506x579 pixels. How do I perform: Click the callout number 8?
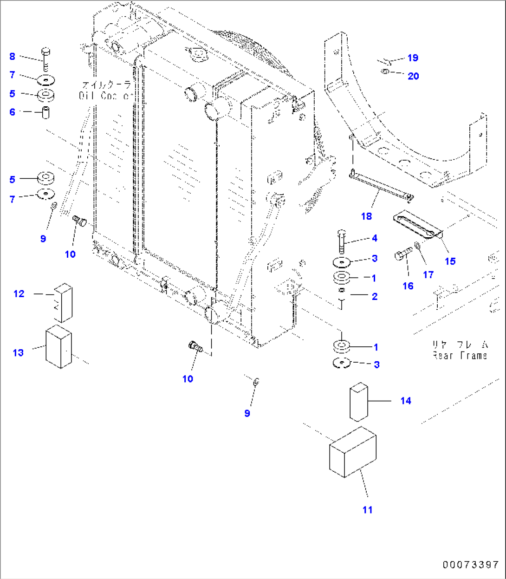(12, 57)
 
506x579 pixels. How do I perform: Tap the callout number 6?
(12, 112)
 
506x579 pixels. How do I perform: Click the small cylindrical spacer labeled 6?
(46, 113)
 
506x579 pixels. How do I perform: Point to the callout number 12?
(19, 293)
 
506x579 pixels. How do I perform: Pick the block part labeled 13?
(58, 346)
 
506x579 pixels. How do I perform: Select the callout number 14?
(405, 400)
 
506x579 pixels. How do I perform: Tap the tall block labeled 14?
(358, 402)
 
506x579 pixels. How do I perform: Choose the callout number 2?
(375, 296)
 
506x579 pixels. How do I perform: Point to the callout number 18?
(366, 216)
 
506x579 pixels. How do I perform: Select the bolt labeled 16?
(403, 254)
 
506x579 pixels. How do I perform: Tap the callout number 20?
(413, 76)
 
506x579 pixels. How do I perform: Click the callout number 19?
(412, 58)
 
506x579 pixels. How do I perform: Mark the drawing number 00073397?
(470, 565)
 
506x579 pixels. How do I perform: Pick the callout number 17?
(428, 274)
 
